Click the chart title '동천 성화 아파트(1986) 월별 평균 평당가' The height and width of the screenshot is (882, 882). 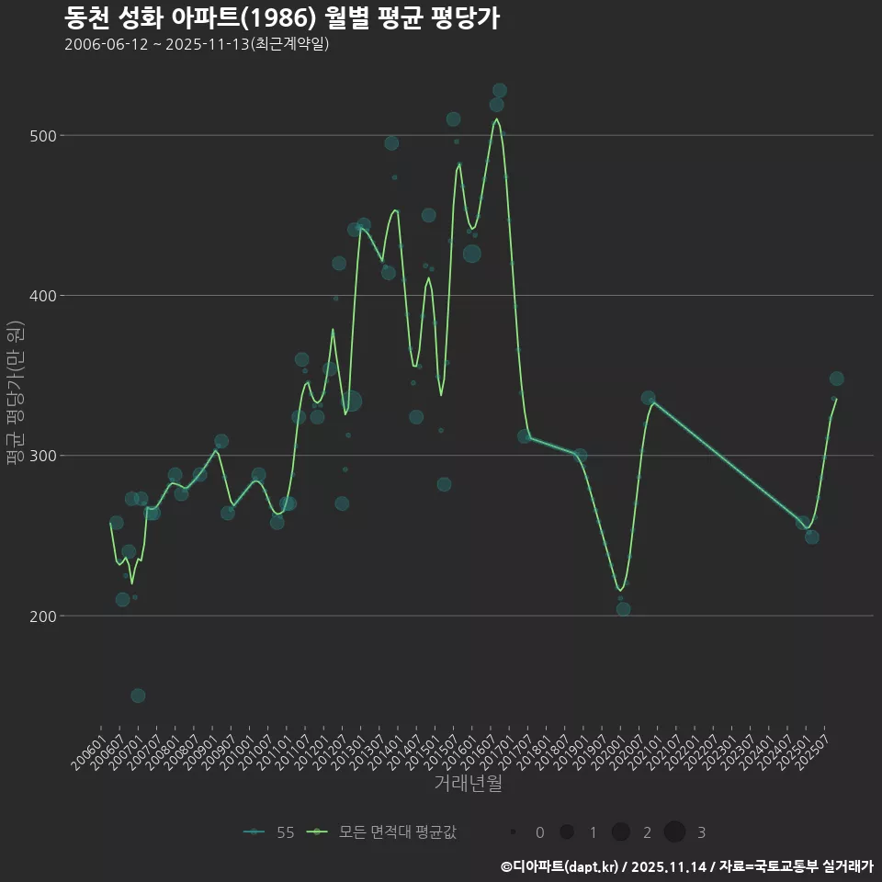[282, 18]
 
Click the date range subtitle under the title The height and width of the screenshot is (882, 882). [197, 44]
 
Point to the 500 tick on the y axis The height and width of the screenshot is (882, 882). [45, 136]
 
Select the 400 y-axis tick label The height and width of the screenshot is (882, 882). [45, 296]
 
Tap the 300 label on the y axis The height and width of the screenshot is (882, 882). [45, 456]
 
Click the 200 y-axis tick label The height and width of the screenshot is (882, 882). [45, 616]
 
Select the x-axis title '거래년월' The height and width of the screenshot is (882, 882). [468, 784]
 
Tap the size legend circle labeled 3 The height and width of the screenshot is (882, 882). [674, 832]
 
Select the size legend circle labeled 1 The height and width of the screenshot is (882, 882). [567, 832]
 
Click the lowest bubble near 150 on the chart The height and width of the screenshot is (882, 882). [138, 695]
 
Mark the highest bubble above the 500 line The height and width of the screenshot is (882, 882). [500, 90]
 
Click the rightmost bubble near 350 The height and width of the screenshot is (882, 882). [836, 379]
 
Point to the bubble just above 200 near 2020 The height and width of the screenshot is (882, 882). [623, 608]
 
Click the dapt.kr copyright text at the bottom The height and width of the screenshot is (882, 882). [686, 866]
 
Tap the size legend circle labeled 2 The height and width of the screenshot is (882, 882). [620, 832]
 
